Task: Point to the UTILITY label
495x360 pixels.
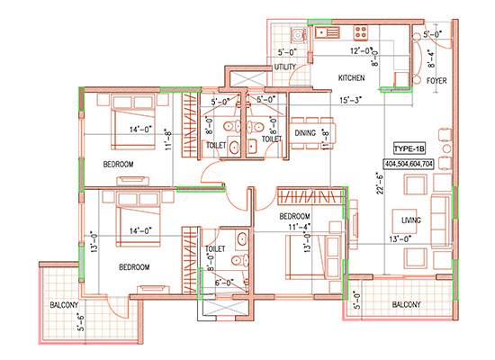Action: tap(286, 67)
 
